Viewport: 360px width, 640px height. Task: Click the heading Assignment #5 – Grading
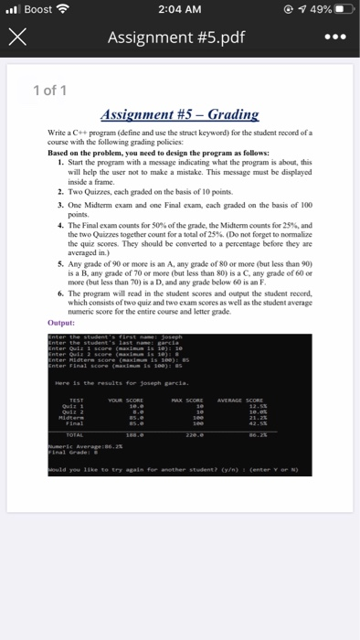(x=181, y=116)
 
